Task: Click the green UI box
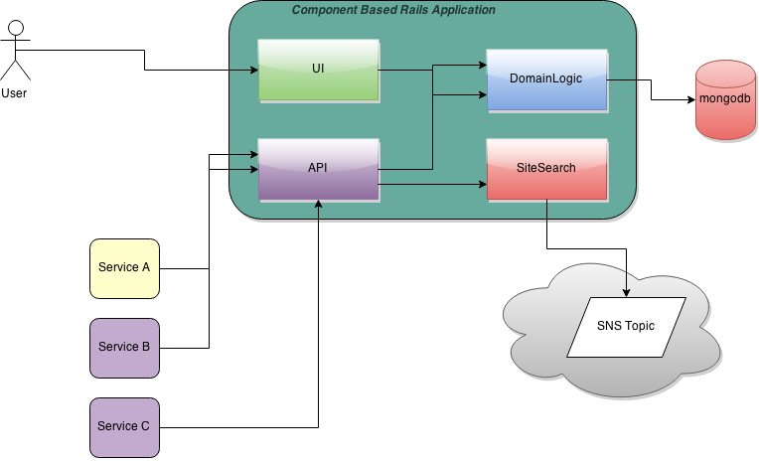coord(318,70)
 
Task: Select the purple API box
coord(318,169)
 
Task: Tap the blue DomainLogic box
coord(546,79)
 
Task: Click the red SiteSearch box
coord(546,169)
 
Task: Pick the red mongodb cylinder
coord(724,99)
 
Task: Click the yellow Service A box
coord(124,268)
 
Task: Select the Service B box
coord(124,348)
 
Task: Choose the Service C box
coord(124,427)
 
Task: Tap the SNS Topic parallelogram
coord(626,327)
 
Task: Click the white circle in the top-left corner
coord(16,27)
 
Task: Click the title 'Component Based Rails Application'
coord(392,10)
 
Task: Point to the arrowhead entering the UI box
coord(253,70)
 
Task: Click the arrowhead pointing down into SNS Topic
coord(626,292)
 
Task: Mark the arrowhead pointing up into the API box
coord(319,205)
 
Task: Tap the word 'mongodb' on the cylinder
coord(724,100)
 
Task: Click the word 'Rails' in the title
coord(410,10)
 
